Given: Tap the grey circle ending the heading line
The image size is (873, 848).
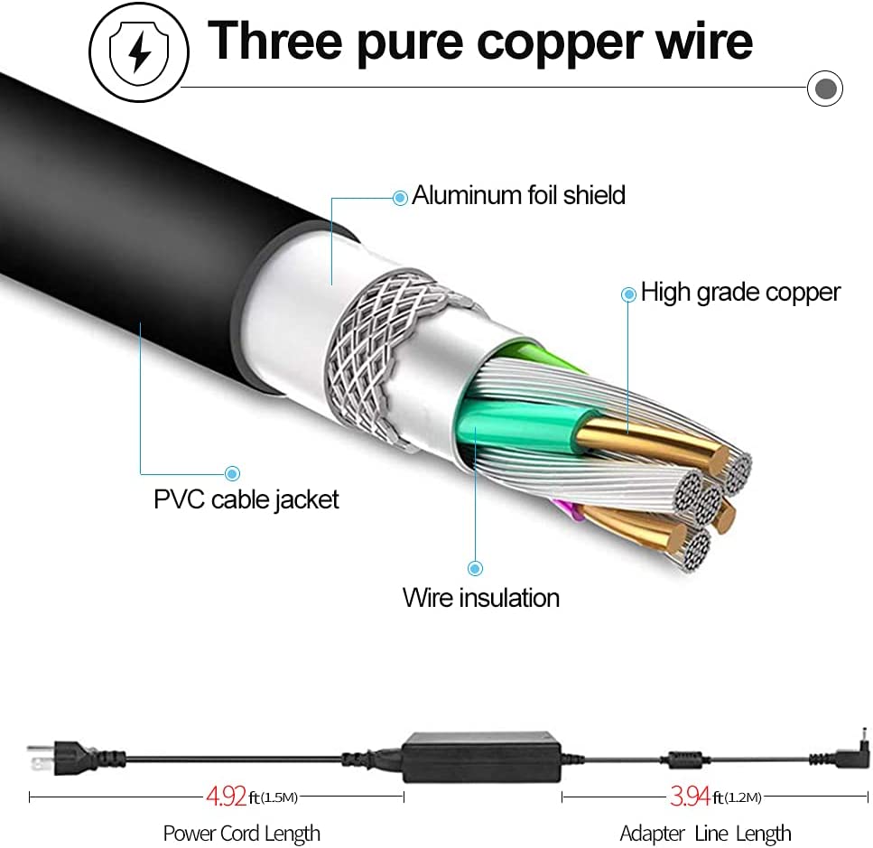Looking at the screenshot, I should pos(824,89).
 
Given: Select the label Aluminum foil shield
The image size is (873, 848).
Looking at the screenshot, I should pos(518,195).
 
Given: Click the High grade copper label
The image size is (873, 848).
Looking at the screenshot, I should pos(740,292).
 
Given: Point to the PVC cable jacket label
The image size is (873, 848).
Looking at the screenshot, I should pos(246,499).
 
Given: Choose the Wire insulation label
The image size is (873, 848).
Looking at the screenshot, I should pos(480,597).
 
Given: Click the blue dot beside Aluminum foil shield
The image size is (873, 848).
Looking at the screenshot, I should pos(400,196).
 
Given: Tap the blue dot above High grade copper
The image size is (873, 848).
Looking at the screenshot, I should pos(629,294).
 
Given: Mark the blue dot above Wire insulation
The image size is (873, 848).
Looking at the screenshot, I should pos(475,568).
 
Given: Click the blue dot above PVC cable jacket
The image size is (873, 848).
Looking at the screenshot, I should pos(232,472).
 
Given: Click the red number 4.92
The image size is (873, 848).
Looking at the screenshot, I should pos(226,797).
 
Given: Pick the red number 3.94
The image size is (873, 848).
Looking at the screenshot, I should pos(690,797).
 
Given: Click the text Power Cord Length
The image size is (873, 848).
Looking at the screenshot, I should pos(241,833).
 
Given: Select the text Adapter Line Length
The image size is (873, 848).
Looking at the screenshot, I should pos(705,833).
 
